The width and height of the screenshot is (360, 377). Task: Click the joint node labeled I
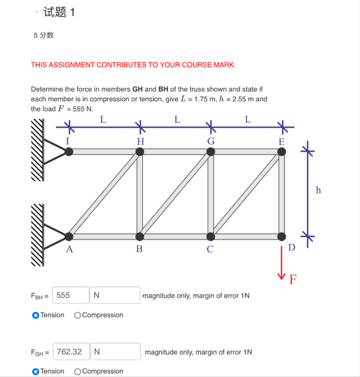click(69, 152)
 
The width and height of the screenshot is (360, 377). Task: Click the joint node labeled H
click(140, 152)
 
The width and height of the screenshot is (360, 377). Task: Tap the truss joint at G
click(211, 152)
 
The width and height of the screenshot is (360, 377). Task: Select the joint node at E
click(282, 152)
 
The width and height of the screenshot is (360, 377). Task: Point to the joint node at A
click(69, 237)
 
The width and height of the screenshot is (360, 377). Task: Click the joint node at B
click(140, 237)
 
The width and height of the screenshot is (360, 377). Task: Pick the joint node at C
click(211, 237)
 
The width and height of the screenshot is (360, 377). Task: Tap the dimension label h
click(318, 190)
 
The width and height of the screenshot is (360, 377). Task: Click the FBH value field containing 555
click(71, 296)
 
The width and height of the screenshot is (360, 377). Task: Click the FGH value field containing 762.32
click(71, 352)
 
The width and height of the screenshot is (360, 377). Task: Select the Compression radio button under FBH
click(78, 315)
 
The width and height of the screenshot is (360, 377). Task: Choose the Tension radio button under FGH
click(36, 371)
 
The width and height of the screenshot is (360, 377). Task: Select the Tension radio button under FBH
click(36, 315)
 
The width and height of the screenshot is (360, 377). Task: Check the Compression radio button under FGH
click(78, 371)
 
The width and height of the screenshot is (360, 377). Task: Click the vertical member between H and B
click(140, 194)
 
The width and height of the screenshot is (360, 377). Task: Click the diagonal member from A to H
click(104, 194)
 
